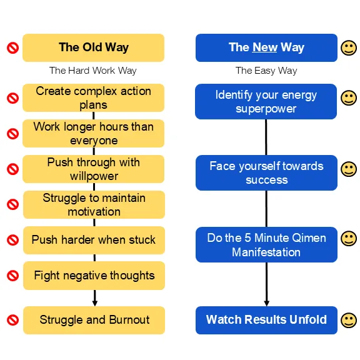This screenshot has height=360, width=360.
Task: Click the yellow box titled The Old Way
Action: click(94, 47)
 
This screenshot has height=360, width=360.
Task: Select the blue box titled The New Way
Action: click(266, 47)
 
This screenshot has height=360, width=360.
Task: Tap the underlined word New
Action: click(264, 47)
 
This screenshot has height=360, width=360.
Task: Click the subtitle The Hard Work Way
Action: click(93, 71)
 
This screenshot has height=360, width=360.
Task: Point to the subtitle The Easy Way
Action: click(266, 71)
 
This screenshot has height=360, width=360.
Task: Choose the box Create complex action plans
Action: click(94, 97)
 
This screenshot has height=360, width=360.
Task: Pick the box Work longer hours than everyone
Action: click(94, 133)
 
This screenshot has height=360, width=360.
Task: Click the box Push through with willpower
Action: click(94, 169)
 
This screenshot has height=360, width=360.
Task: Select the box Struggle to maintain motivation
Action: click(94, 204)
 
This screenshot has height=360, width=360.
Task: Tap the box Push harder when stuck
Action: click(94, 240)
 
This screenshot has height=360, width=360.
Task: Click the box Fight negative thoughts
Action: click(94, 276)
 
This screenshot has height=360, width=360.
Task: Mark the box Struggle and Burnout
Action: click(94, 320)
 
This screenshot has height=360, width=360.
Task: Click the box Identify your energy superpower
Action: click(266, 101)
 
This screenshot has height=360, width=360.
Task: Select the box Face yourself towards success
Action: click(266, 172)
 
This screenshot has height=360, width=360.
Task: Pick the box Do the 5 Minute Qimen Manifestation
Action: click(266, 244)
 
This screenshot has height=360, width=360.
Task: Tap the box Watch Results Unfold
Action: click(266, 320)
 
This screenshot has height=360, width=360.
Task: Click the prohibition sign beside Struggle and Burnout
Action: click(13, 320)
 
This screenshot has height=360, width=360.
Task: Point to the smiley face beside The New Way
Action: click(349, 48)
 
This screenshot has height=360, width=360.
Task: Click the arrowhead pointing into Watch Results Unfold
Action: click(266, 304)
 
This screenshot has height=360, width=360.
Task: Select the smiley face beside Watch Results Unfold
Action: click(349, 320)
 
